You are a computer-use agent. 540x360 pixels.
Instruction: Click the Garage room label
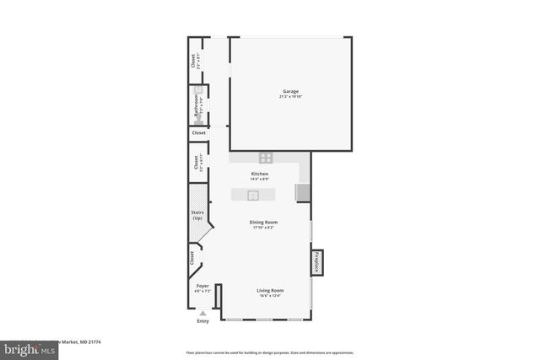pos(290,91)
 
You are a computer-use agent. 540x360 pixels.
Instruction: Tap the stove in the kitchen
pos(266,157)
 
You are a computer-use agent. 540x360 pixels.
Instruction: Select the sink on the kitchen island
pos(251,195)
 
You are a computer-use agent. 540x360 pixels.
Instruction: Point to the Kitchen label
pos(260,174)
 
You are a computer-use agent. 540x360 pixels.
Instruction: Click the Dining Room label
pos(263,222)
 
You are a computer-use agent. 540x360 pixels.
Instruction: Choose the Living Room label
pos(270,290)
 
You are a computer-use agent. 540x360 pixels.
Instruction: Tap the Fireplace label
pos(318,262)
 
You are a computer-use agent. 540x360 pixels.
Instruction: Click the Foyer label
pos(202,287)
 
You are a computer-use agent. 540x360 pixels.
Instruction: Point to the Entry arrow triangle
pos(202,313)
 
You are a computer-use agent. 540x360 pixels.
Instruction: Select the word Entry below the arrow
pos(202,321)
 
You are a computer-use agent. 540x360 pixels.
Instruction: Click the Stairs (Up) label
pos(197,216)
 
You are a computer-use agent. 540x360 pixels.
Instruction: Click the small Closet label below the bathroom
pos(198,133)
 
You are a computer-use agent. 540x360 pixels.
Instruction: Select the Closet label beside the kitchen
pos(195,162)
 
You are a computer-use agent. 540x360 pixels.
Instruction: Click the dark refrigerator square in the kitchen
pos(302,193)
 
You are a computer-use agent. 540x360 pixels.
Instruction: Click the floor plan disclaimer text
pos(270,352)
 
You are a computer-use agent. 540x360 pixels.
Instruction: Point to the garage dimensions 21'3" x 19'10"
pos(290,96)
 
